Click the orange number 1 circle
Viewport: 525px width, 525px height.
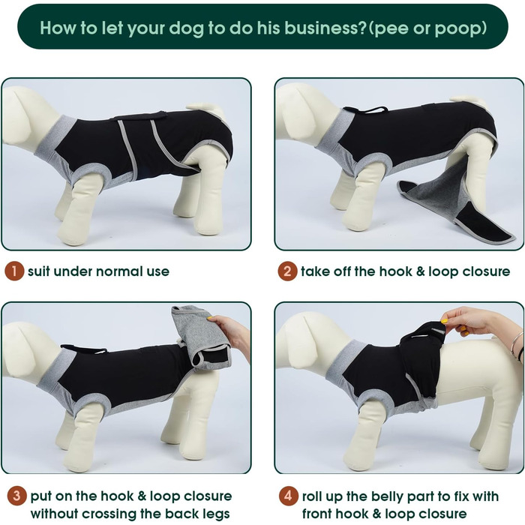click(x=14, y=271)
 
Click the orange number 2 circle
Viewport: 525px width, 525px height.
click(x=287, y=271)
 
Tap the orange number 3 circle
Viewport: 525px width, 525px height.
click(x=16, y=496)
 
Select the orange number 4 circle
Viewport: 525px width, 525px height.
click(x=288, y=496)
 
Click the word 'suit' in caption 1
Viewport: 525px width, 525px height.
click(x=39, y=271)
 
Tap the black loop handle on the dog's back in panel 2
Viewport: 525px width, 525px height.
click(x=366, y=109)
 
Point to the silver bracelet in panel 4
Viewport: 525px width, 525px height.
click(x=516, y=344)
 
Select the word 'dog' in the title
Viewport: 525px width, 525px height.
click(x=187, y=28)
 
